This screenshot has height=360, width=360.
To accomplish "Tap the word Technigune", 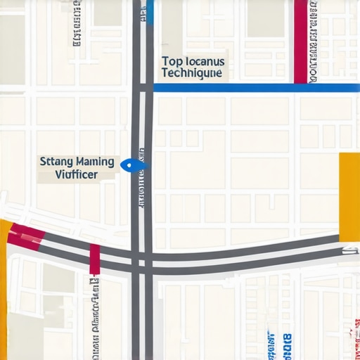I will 191,72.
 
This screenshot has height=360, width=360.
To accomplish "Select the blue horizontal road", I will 256,88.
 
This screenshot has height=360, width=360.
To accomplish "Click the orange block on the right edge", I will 349,196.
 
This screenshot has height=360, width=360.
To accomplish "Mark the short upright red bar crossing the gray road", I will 94,259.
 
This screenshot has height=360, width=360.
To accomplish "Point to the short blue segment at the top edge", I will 150,12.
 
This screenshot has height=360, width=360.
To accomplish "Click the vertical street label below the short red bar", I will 94,316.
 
